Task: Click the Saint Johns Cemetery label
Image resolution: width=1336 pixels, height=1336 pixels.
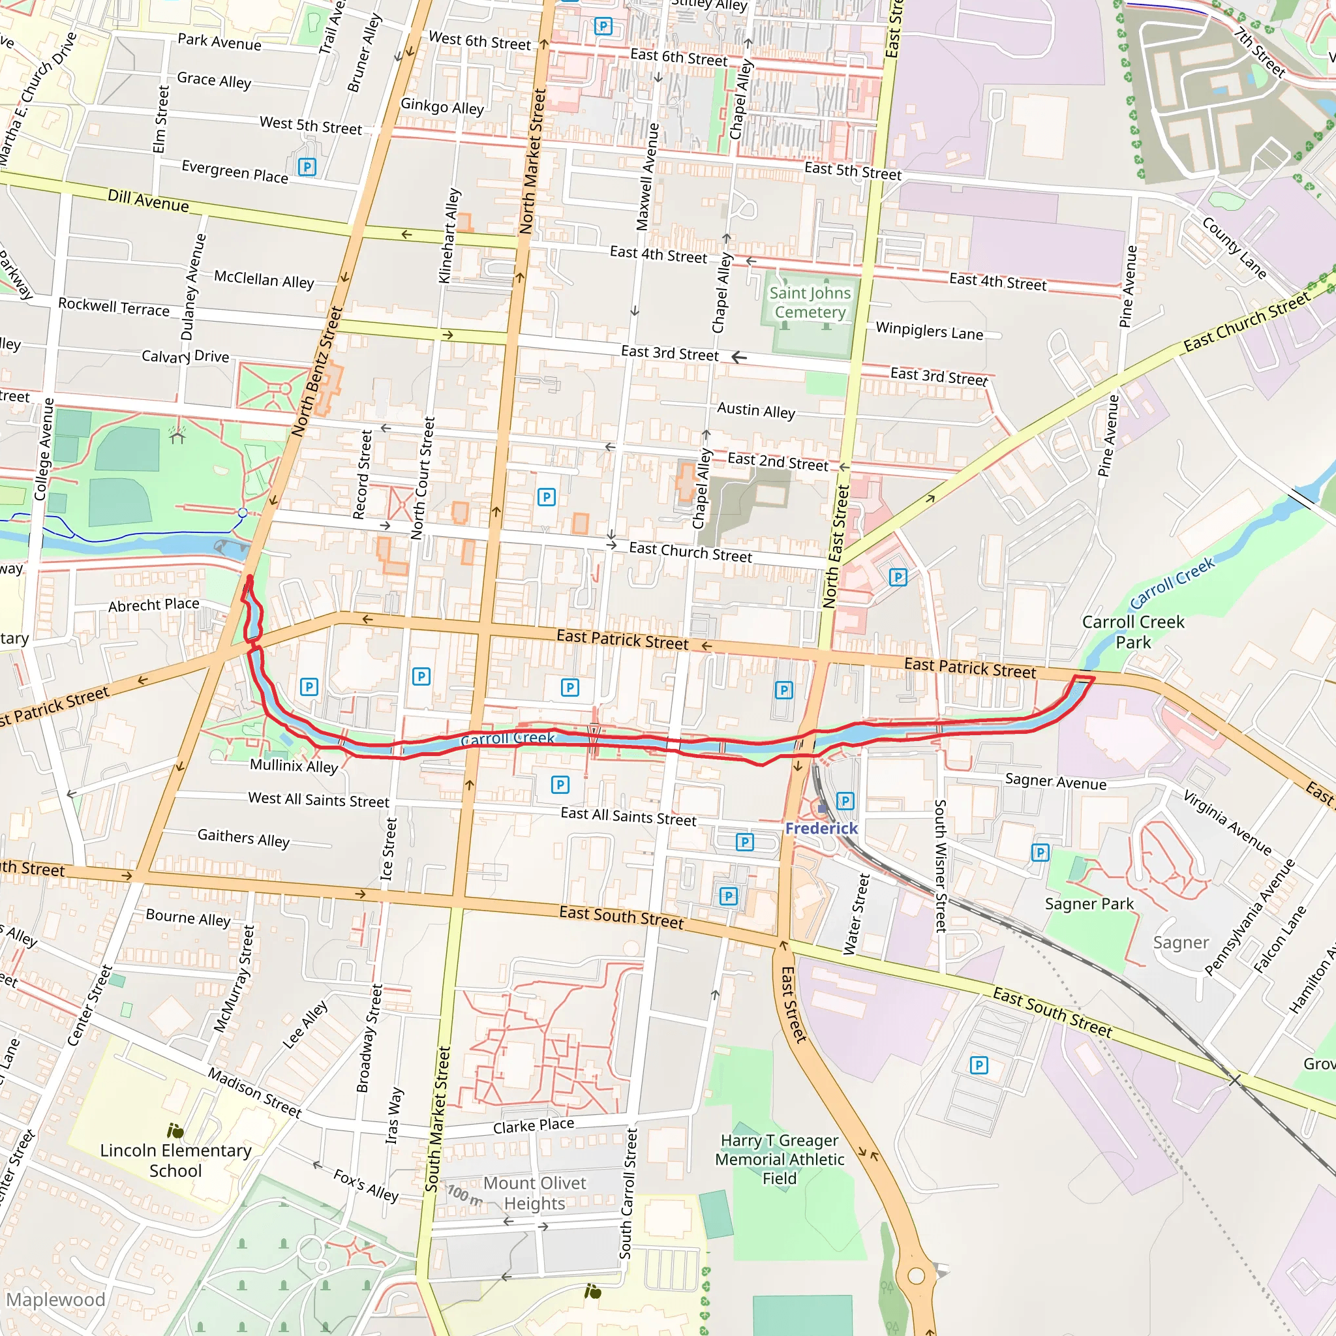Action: [x=810, y=302]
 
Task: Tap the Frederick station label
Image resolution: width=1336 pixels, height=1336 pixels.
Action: [x=821, y=828]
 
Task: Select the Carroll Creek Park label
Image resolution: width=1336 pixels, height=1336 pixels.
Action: [x=1132, y=631]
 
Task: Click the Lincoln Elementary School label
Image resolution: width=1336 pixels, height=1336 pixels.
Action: [x=175, y=1160]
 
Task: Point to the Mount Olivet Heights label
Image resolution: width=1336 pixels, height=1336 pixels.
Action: [x=534, y=1193]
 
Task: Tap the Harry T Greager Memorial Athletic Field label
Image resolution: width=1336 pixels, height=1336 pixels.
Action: [x=780, y=1159]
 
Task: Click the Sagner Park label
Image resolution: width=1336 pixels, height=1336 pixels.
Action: [x=1089, y=903]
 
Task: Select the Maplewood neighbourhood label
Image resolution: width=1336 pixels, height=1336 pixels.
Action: [x=55, y=1299]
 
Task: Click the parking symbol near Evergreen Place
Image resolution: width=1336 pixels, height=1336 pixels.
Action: [x=307, y=166]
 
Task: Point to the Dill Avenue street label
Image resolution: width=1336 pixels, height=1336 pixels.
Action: [x=148, y=200]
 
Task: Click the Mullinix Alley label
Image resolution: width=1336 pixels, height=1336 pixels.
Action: [x=294, y=765]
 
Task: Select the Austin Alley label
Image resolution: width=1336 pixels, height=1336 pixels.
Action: [x=756, y=410]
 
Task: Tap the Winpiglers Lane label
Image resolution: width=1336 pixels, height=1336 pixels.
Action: [x=929, y=331]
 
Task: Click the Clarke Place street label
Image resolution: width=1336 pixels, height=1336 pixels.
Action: [x=533, y=1126]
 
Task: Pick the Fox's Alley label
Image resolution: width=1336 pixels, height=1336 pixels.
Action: [x=366, y=1185]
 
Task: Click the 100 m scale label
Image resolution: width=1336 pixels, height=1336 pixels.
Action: [x=464, y=1194]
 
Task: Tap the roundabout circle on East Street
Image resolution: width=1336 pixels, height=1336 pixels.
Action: [x=917, y=1276]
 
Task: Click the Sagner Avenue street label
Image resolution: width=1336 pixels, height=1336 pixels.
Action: [x=1055, y=782]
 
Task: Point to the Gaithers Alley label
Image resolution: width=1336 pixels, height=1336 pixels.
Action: [x=243, y=838]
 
